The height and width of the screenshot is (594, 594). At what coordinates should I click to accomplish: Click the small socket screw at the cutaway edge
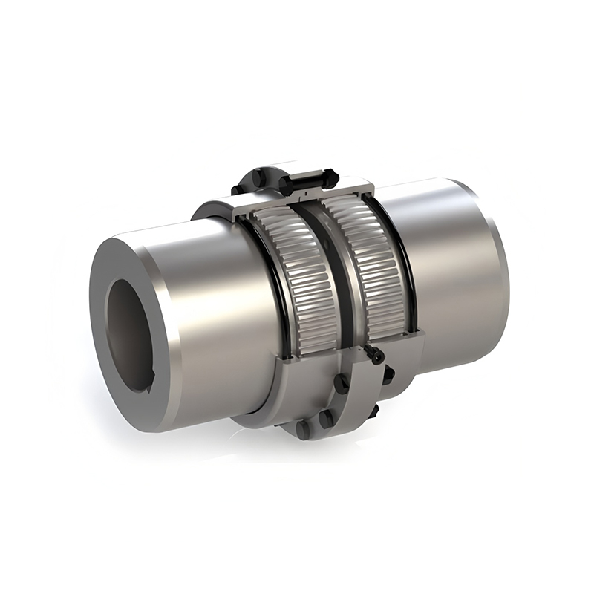coord(376,356)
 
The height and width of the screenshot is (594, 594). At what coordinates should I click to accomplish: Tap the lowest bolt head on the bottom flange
coord(302,429)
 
